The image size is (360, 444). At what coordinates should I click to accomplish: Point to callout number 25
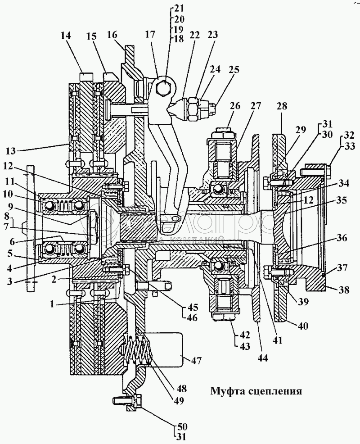pyautogui.click(x=234, y=70)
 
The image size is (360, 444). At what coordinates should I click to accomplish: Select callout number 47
pyautogui.click(x=197, y=361)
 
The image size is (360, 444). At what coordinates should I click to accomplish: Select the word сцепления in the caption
pyautogui.click(x=274, y=390)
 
